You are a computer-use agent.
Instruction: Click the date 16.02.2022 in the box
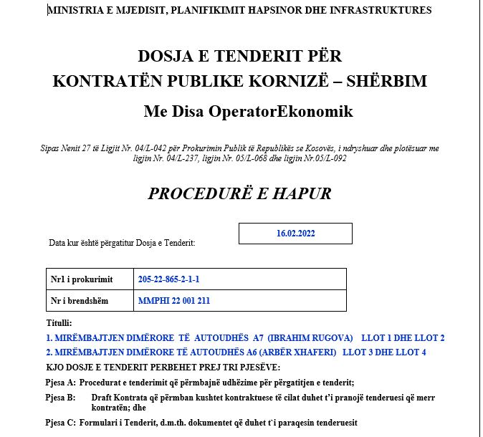point(295,234)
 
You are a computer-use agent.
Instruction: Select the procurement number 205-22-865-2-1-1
point(168,279)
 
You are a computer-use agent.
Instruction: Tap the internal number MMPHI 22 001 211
point(174,301)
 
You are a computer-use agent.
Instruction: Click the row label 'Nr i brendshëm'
point(80,301)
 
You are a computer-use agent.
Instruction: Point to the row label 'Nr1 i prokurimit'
point(81,279)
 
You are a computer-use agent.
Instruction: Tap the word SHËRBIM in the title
point(387,81)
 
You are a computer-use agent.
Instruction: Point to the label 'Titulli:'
point(59,324)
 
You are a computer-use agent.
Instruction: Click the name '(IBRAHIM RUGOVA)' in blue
point(310,337)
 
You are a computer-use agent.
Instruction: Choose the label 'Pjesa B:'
point(60,397)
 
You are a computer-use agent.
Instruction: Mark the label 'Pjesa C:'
point(60,422)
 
